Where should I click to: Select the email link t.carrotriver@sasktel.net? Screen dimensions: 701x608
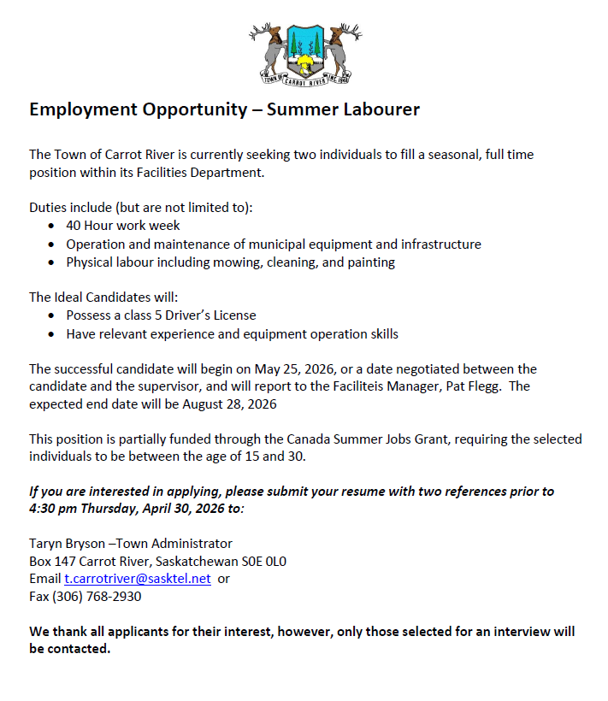point(138,579)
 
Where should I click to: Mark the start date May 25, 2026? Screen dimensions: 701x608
point(291,369)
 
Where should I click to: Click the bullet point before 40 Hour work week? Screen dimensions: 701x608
point(53,227)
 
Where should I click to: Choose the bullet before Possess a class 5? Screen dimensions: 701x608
point(53,315)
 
